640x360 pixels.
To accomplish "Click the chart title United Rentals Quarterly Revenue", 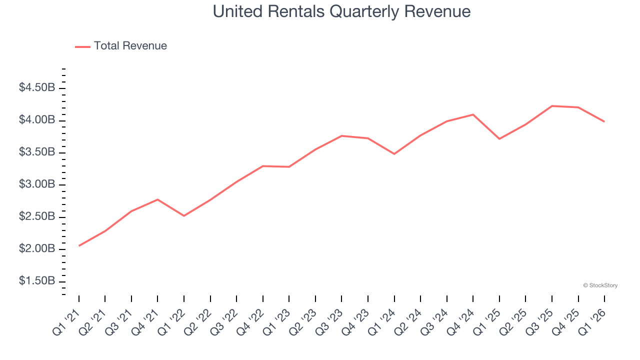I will click(341, 11).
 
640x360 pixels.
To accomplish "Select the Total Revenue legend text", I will click(130, 46).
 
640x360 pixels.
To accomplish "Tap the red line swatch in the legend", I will click(82, 46).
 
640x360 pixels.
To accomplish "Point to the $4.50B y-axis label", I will click(37, 88).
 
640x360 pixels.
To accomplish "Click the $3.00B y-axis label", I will click(37, 184).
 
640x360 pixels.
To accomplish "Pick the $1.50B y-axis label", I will click(37, 281).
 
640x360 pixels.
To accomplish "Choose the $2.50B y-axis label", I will click(37, 217).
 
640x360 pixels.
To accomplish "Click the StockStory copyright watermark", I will click(600, 285).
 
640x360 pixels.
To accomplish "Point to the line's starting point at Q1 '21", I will click(79, 245).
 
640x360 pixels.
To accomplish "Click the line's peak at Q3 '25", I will click(552, 106).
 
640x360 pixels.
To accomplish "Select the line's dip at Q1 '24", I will click(394, 153).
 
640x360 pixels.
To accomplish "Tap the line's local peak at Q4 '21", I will click(157, 199).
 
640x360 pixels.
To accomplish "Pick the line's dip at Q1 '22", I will click(184, 215).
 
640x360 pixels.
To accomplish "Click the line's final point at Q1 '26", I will click(604, 121).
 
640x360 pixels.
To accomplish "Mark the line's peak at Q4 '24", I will click(473, 114).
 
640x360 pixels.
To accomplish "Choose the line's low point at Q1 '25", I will click(499, 138).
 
